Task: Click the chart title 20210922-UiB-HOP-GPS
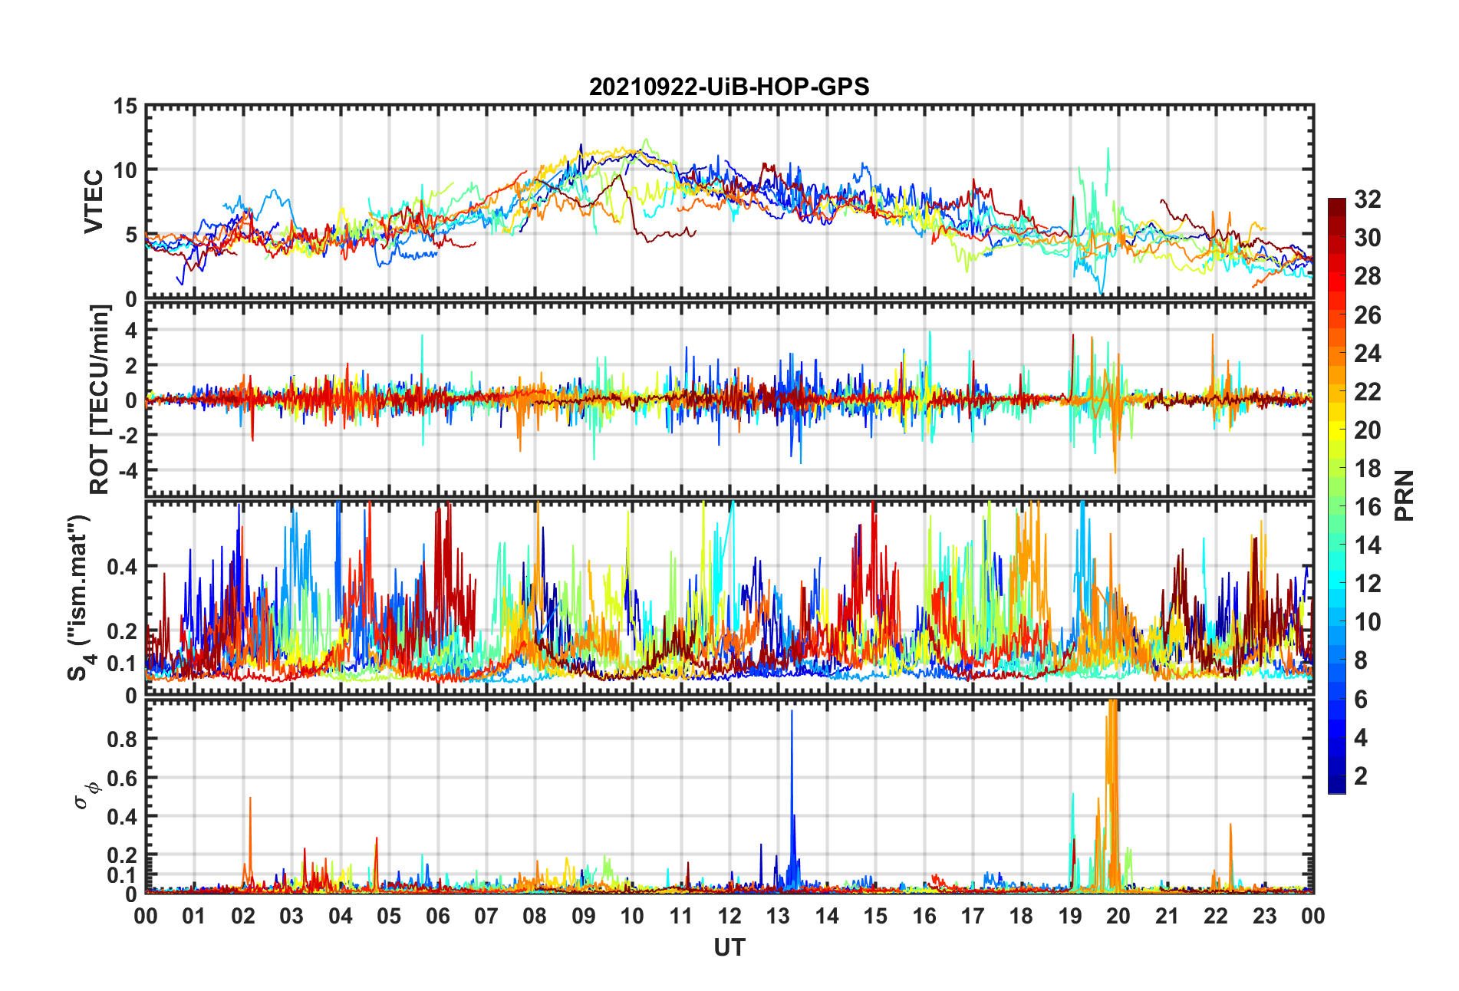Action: click(x=729, y=87)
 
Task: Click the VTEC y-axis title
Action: click(x=94, y=202)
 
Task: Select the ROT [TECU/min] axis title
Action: click(x=100, y=399)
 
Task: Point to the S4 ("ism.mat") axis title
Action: click(x=80, y=598)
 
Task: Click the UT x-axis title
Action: click(x=729, y=948)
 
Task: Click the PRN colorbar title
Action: click(x=1404, y=495)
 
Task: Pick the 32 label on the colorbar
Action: click(x=1367, y=199)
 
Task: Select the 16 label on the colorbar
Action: click(x=1367, y=507)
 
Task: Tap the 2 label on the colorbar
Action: click(x=1361, y=776)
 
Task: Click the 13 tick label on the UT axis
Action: click(x=778, y=916)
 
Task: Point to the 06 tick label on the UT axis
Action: click(x=437, y=916)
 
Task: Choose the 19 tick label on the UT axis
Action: click(x=1069, y=916)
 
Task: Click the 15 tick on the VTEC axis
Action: click(x=125, y=107)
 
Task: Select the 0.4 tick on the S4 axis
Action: click(x=121, y=567)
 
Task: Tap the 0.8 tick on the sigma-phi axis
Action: click(x=121, y=739)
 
